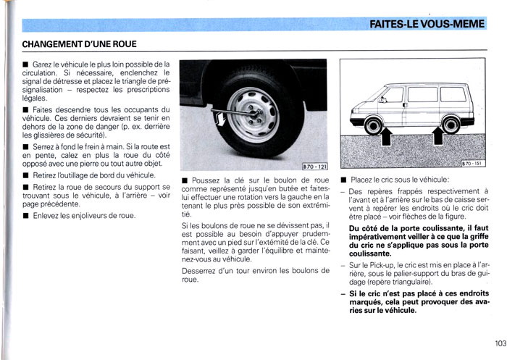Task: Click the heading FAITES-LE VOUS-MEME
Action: coord(427,25)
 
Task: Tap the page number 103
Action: coord(495,344)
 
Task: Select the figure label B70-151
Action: coord(472,164)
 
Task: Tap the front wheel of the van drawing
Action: coord(373,125)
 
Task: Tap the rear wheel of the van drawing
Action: coord(451,125)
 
